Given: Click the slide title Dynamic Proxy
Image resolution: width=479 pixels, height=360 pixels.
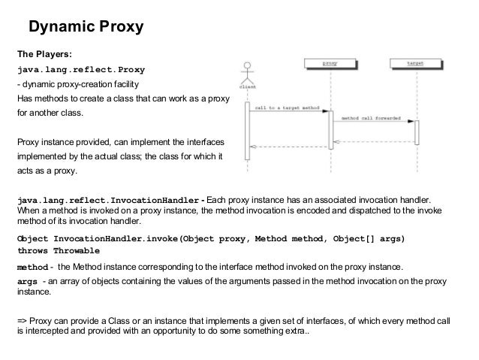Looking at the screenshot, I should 85,29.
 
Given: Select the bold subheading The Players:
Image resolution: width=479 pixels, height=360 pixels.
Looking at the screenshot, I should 45,54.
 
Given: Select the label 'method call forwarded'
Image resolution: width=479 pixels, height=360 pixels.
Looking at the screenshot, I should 373,118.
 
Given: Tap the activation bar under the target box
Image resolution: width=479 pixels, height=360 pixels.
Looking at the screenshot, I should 416,132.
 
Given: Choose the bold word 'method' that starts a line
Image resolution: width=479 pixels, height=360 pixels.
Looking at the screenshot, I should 33,267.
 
